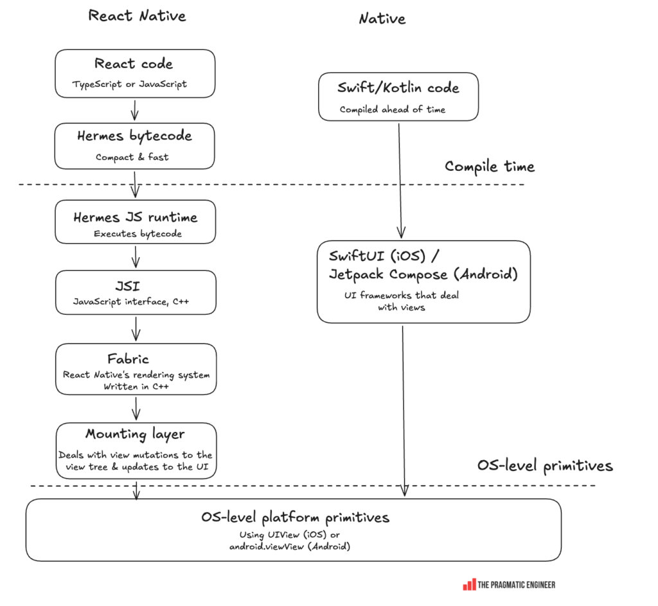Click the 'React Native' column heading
(x=137, y=16)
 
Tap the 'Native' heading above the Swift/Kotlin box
(x=382, y=19)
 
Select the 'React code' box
(x=135, y=73)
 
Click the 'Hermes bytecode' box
(x=135, y=146)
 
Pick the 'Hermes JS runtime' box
(x=136, y=222)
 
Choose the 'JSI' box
(x=136, y=292)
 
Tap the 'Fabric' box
(x=136, y=369)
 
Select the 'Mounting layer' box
(x=136, y=450)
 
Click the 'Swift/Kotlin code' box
(x=398, y=96)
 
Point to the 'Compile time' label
(x=490, y=166)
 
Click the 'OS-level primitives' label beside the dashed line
(x=545, y=466)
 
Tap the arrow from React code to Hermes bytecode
(x=135, y=110)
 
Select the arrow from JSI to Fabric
(x=136, y=328)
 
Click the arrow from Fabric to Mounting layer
(x=136, y=408)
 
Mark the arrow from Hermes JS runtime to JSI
(x=136, y=257)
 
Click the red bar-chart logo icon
(x=469, y=584)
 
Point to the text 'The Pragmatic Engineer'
(x=517, y=585)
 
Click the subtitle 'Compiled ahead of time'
(x=393, y=109)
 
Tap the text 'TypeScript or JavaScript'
(x=129, y=84)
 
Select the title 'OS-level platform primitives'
(x=296, y=518)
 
